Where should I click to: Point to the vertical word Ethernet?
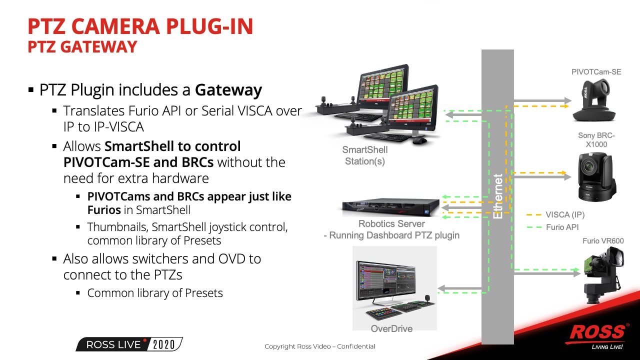click(x=498, y=196)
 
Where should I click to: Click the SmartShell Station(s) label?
click(x=364, y=155)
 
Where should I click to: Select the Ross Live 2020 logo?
click(x=129, y=344)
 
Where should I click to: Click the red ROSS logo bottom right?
click(x=598, y=332)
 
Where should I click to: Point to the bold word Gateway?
click(x=228, y=90)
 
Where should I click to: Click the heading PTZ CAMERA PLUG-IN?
click(x=140, y=26)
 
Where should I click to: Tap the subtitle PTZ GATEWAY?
click(x=82, y=47)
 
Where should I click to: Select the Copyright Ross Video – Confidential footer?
click(x=320, y=346)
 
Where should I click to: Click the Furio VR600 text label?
click(x=603, y=241)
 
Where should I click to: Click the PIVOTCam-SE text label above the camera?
click(x=596, y=72)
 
